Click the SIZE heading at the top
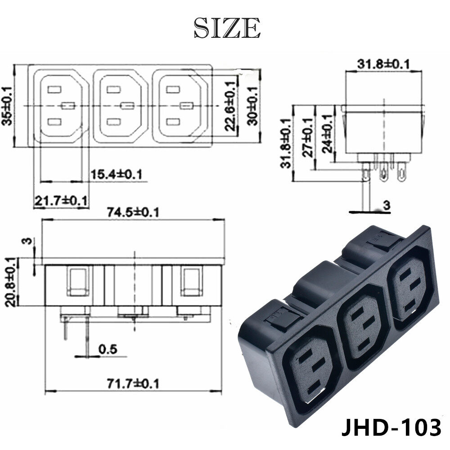click(227, 28)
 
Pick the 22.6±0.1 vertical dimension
click(231, 106)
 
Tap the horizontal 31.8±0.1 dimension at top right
click(383, 64)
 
